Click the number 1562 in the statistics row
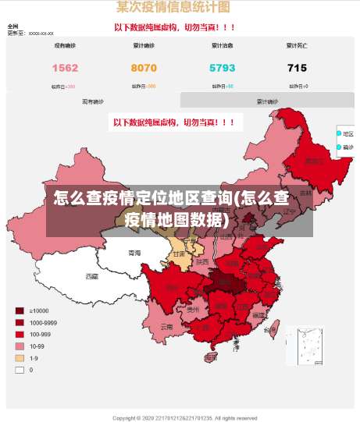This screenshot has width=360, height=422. [x=65, y=68]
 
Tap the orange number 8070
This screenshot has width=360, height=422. [x=144, y=68]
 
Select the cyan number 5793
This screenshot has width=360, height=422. [x=223, y=68]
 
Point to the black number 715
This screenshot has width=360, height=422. [x=297, y=68]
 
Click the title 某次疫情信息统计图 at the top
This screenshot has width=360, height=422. [x=173, y=8]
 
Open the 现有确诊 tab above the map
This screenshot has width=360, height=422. [x=93, y=101]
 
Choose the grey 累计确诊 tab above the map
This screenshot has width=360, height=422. [x=267, y=101]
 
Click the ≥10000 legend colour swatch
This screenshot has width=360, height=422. [x=20, y=310]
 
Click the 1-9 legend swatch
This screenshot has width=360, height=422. [x=20, y=357]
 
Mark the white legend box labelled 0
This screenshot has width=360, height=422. [x=20, y=370]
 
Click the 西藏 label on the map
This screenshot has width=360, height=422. [x=92, y=276]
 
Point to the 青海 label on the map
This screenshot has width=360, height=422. [x=134, y=254]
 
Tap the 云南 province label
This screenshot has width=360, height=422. [x=166, y=328]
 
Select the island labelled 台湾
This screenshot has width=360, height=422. [x=270, y=330]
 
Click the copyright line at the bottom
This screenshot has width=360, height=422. [x=184, y=417]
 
